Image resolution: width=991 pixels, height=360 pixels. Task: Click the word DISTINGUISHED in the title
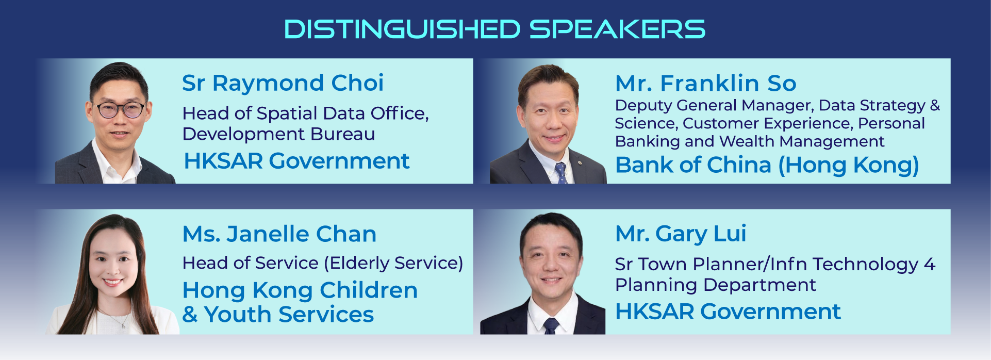coord(403,29)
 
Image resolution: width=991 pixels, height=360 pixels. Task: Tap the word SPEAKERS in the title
coord(617,29)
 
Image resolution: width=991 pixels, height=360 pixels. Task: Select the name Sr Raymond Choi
coord(283,83)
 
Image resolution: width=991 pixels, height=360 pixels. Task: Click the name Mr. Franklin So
coord(706,83)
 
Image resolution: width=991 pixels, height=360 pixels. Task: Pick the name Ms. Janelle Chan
coord(279,234)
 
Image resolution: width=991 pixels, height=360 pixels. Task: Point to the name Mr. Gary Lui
coord(681,234)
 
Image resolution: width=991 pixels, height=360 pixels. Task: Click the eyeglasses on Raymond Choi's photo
coord(121,109)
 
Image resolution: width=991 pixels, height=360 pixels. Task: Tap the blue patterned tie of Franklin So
coord(561,172)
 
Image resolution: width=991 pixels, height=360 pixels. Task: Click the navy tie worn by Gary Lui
coord(551,326)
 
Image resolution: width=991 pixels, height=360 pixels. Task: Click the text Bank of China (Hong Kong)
coord(767,165)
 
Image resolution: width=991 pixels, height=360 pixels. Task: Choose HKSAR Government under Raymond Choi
coord(296,161)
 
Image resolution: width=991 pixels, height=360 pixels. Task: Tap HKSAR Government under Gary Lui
coord(728,312)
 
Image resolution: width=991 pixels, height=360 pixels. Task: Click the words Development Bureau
coord(279,134)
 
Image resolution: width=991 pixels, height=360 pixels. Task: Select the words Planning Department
coord(716,285)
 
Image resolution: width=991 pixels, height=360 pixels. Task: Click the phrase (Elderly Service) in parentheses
coord(393,263)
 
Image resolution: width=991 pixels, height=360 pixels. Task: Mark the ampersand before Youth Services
coord(190,315)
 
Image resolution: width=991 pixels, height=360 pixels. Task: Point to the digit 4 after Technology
coord(930,264)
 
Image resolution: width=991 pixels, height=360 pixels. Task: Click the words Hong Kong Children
coord(300,290)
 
